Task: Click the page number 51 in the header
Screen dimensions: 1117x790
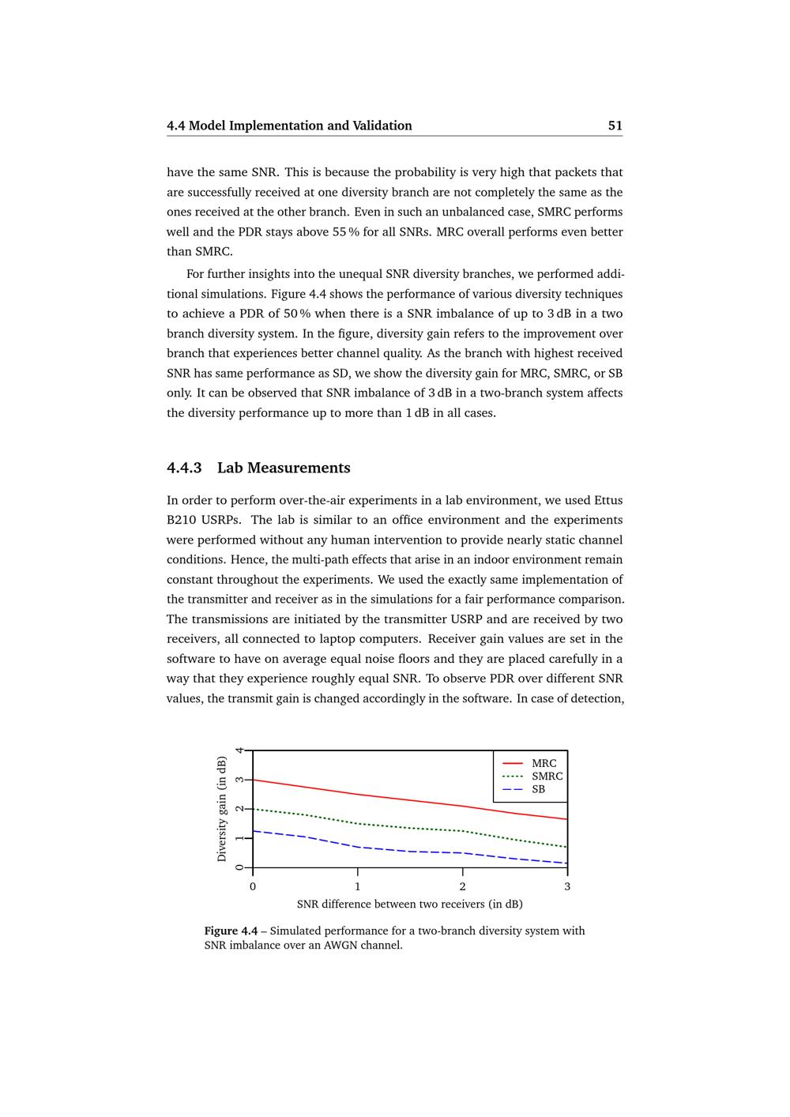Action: (x=615, y=126)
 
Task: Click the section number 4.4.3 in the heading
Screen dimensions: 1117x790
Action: (x=184, y=468)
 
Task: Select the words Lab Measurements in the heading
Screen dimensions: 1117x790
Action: (x=284, y=468)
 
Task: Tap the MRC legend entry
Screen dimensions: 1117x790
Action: (x=544, y=763)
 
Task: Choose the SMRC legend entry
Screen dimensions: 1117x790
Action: (x=547, y=777)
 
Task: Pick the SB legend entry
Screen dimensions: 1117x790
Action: (x=538, y=789)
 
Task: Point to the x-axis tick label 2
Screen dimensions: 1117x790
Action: (x=463, y=886)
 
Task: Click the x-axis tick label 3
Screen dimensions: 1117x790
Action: (x=567, y=886)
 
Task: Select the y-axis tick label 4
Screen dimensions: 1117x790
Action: (x=240, y=750)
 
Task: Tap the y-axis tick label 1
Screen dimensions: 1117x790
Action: (x=240, y=838)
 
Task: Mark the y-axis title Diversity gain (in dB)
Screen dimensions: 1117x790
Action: (x=222, y=809)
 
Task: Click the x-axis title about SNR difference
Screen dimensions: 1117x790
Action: (x=409, y=904)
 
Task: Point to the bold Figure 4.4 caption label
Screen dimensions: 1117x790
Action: (x=231, y=931)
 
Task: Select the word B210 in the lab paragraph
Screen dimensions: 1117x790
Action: (x=182, y=520)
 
